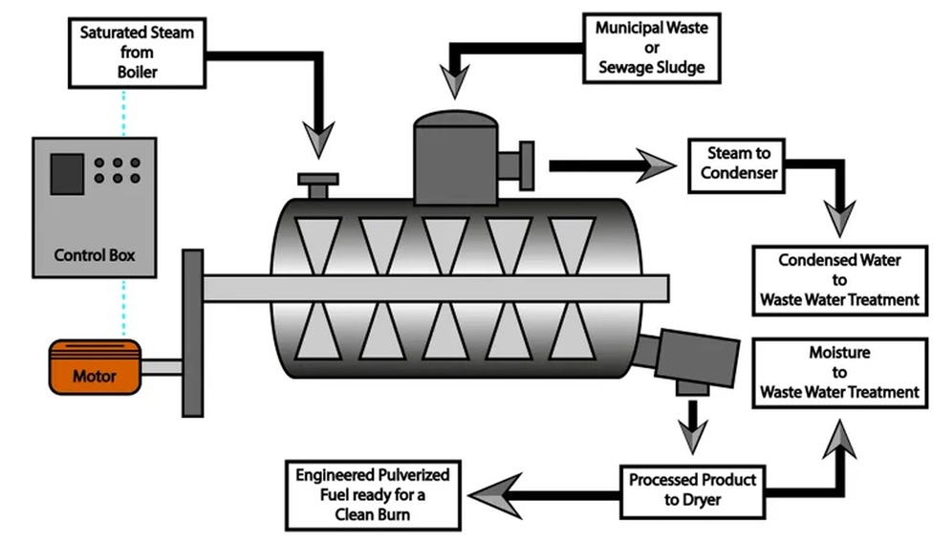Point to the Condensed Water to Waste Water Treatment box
pyautogui.click(x=839, y=279)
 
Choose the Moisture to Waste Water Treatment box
pyautogui.click(x=839, y=373)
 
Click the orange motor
pyautogui.click(x=96, y=368)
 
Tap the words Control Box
pyautogui.click(x=93, y=256)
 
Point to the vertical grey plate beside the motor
pyautogui.click(x=192, y=332)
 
